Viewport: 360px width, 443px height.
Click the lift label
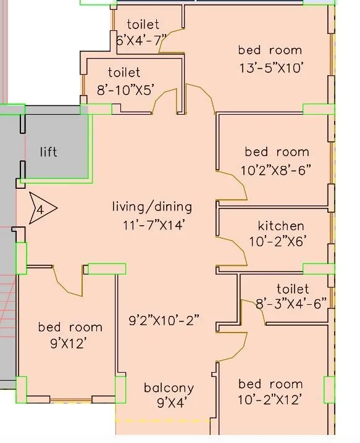pos(48,152)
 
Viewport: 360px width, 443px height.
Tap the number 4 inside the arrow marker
pos(40,210)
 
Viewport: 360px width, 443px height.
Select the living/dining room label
pos(152,207)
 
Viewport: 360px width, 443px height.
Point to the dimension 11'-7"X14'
pos(154,225)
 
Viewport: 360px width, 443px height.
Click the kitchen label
pos(281,226)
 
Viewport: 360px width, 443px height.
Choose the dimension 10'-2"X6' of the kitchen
pos(277,242)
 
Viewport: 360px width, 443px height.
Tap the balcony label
pos(169,388)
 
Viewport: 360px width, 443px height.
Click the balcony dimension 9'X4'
pos(172,403)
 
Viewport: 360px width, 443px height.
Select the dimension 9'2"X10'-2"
pos(164,320)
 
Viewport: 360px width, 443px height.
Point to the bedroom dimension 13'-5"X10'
pos(272,68)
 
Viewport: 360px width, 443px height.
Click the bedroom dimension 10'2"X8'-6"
pos(276,170)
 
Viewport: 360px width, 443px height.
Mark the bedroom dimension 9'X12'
pos(69,344)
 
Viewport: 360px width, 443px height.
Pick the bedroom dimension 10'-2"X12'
pos(269,400)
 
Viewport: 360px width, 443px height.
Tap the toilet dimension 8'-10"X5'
pos(126,91)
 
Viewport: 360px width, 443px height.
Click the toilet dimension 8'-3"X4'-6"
pos(291,304)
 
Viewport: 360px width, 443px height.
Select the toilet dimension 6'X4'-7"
pos(141,40)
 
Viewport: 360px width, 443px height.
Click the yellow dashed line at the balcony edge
pos(163,421)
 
